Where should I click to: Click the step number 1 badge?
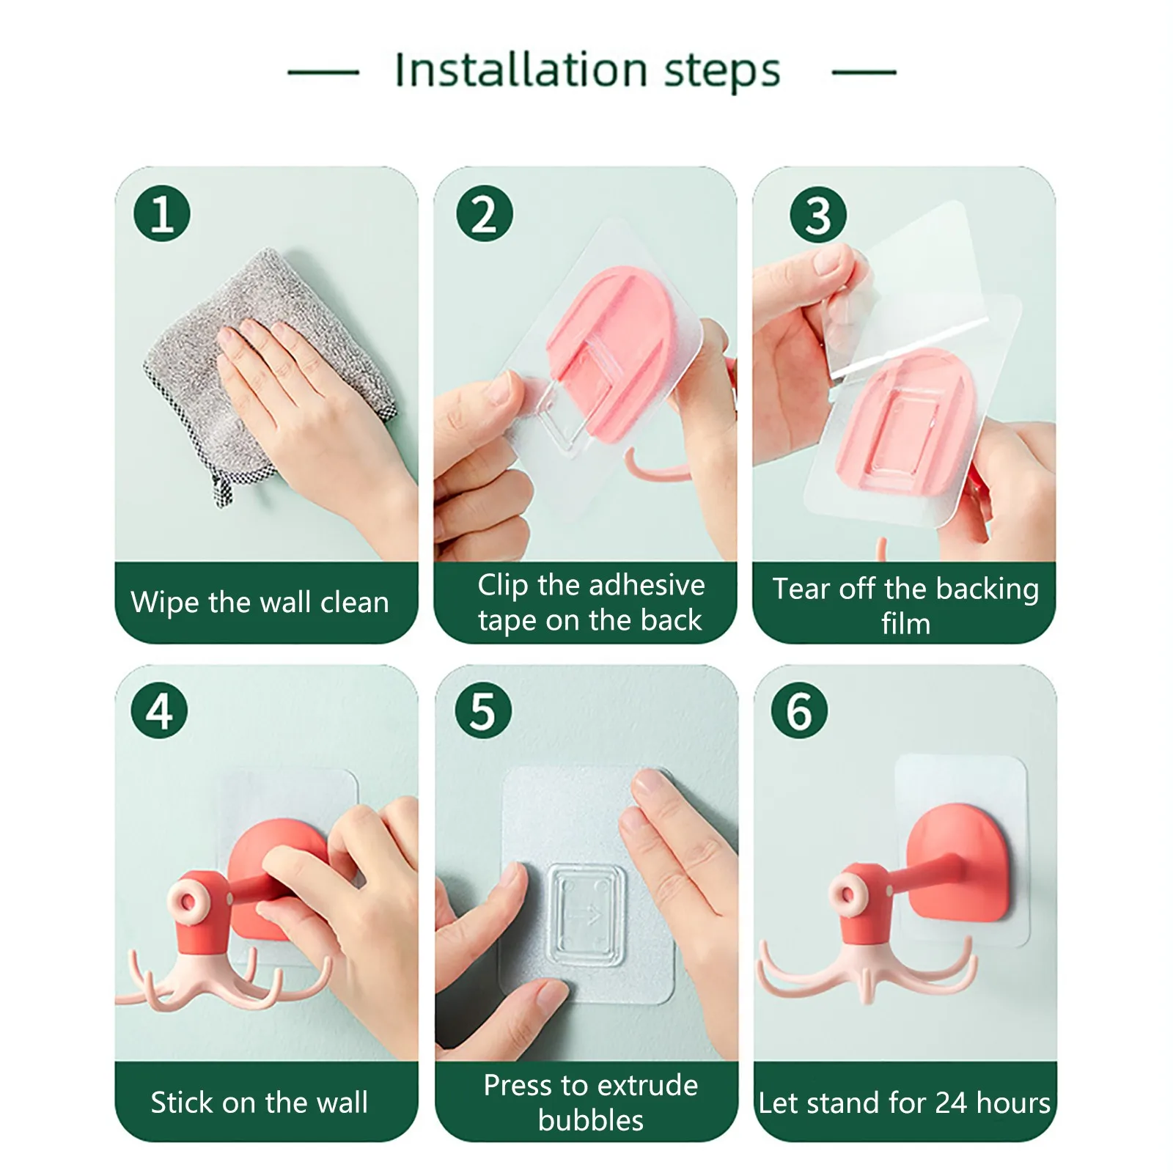pos(162,214)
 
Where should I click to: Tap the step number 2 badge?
pos(484,214)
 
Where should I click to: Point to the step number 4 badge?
pos(160,710)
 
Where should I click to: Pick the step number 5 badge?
pos(483,710)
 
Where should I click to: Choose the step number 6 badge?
pos(799,710)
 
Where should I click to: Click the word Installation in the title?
pos(521,70)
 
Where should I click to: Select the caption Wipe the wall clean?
pos(260,603)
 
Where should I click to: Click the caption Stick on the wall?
pos(260,1103)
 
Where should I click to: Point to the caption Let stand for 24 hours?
pos(905,1103)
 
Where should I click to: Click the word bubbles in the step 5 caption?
pos(591,1120)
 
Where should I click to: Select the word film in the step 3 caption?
pos(906,624)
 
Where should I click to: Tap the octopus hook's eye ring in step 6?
pos(850,895)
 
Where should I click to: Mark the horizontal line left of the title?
pos(323,72)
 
